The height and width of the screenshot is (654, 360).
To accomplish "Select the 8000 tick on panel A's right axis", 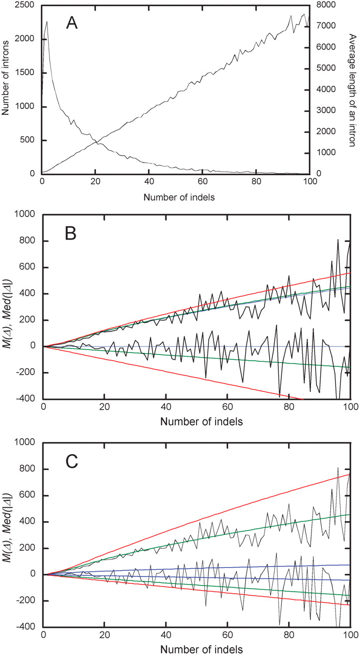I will tap(325, 5).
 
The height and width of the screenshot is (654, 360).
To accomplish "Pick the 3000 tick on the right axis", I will tap(325, 110).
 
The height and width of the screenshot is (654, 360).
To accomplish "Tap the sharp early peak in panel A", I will tap(47, 21).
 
